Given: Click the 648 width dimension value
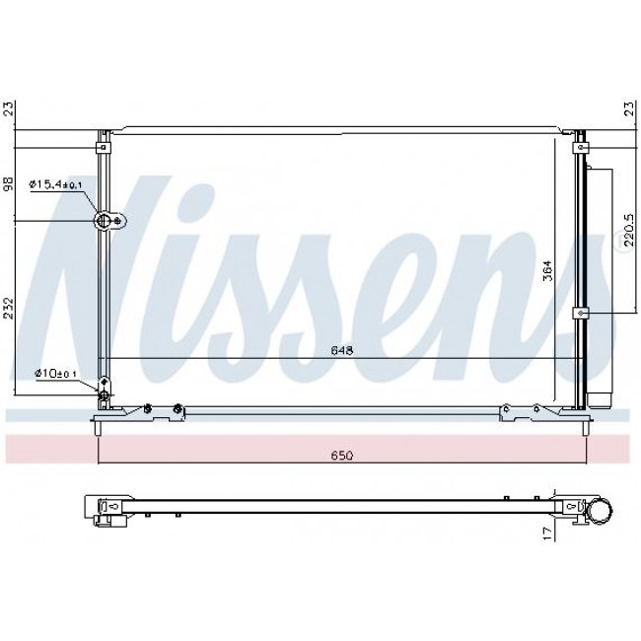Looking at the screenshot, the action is click(342, 350).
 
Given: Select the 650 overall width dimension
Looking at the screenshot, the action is click(342, 456).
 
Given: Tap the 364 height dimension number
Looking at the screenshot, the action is click(547, 270).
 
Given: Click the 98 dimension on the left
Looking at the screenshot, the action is click(9, 183).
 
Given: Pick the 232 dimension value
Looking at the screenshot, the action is click(9, 309).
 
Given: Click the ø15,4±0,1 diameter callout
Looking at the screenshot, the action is click(55, 184).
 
